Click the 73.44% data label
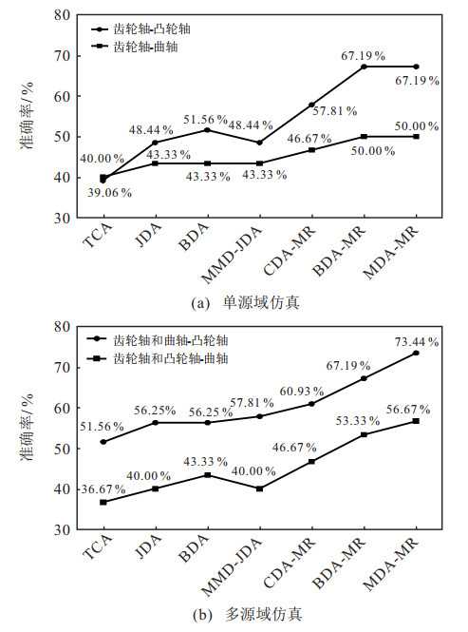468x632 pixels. (417, 342)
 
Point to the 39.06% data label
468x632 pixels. (110, 193)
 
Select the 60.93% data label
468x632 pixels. (302, 391)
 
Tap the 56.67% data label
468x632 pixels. (408, 410)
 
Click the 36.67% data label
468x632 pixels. (103, 489)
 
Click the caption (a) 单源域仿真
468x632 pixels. (246, 303)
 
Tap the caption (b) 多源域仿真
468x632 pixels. (248, 615)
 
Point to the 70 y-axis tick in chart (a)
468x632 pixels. (62, 56)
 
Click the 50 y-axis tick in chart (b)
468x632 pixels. (62, 449)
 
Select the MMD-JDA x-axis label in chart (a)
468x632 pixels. (232, 255)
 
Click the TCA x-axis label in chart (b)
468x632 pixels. (97, 547)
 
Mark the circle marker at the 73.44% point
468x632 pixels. (417, 354)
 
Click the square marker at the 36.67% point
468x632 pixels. (103, 502)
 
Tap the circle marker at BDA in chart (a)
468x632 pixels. (208, 130)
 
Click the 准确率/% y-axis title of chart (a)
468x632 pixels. (28, 116)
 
